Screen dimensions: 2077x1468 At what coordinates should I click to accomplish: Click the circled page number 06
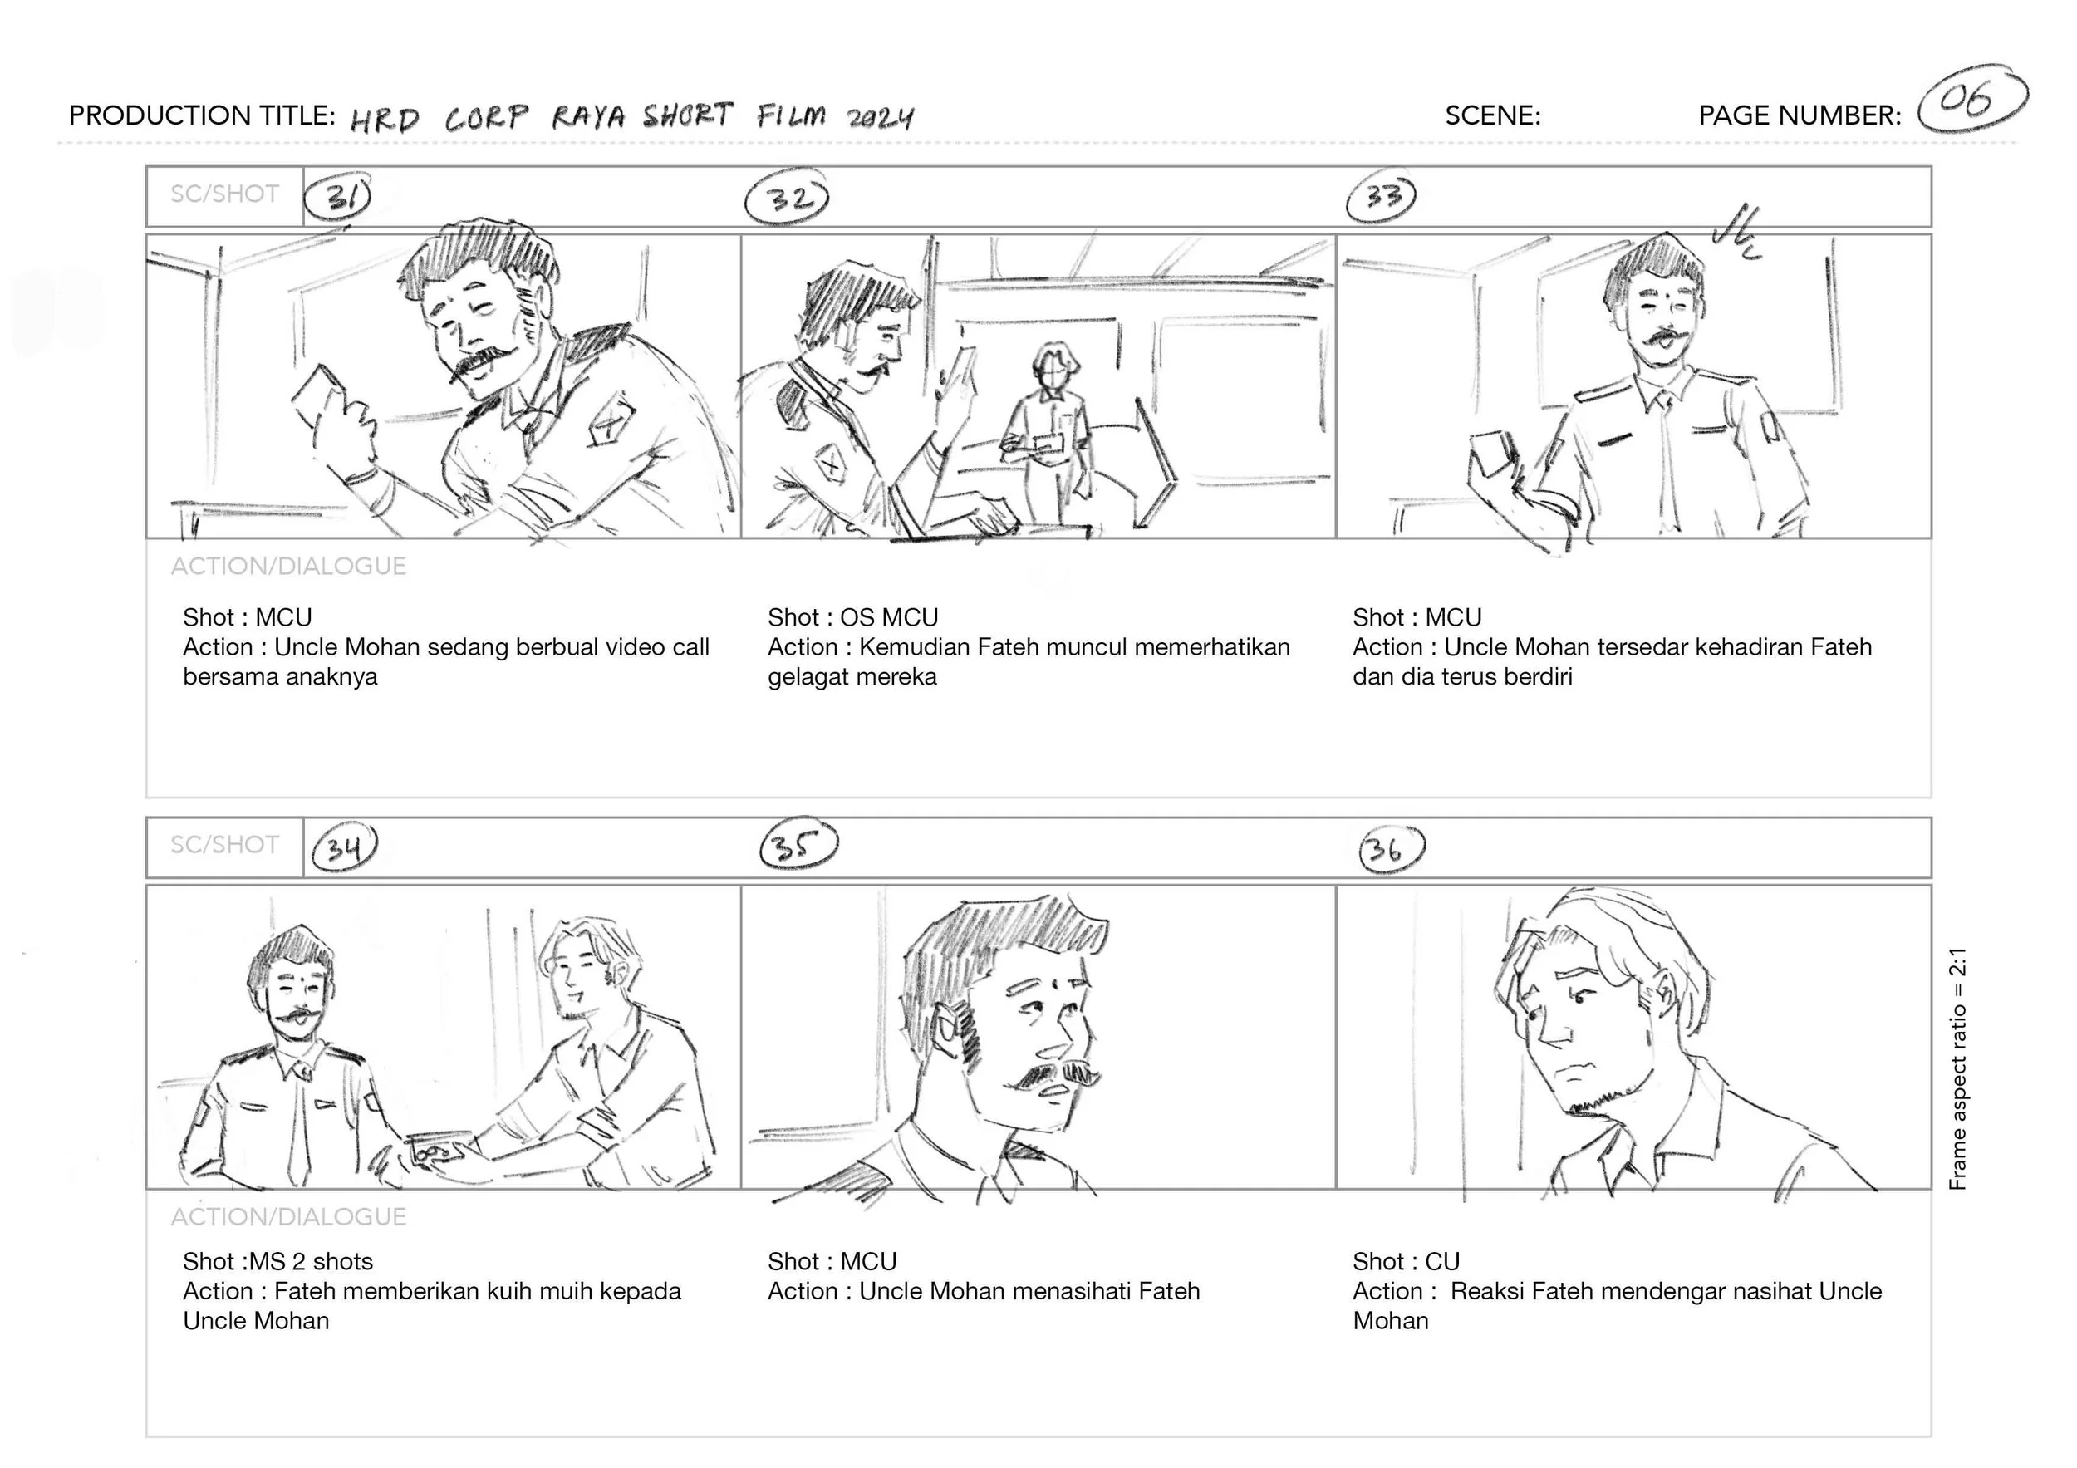[x=1972, y=100]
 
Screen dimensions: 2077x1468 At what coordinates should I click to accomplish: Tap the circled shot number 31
[x=337, y=196]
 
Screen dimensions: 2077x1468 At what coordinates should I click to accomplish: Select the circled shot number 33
[x=1382, y=196]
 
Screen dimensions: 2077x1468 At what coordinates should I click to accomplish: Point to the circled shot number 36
[x=1392, y=848]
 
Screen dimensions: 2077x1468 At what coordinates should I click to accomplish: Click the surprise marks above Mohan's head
[x=1738, y=233]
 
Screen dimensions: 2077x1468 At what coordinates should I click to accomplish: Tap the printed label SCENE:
[x=1493, y=115]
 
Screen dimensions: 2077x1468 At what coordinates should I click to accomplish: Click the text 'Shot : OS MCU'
[x=853, y=618]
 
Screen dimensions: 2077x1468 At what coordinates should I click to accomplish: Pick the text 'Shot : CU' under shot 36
[x=1406, y=1262]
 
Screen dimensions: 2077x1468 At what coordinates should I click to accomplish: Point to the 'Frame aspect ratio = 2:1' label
[x=1957, y=1069]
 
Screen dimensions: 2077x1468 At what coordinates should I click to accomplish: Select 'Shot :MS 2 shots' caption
[x=277, y=1262]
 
